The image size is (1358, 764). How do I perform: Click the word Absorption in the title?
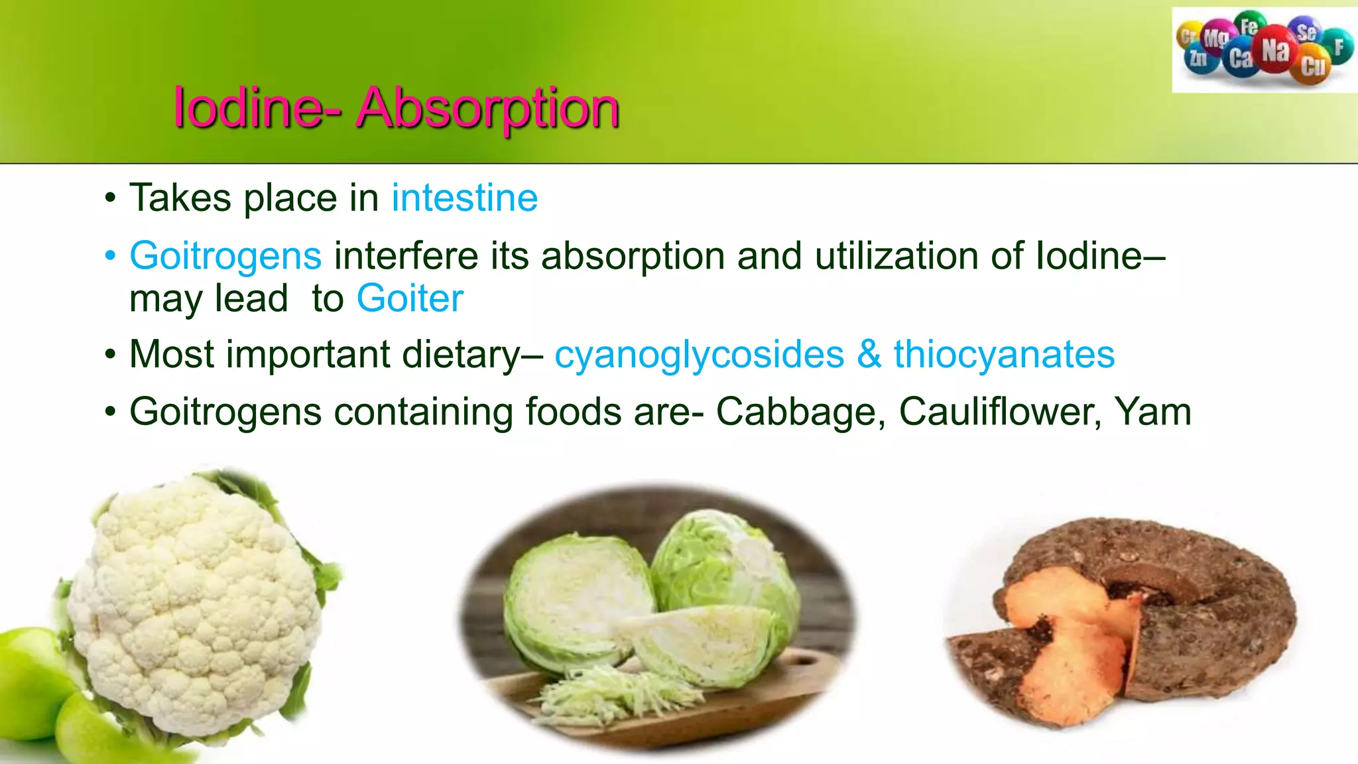(487, 108)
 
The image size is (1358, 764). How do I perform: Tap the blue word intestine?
(464, 198)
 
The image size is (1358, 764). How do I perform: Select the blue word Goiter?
(410, 298)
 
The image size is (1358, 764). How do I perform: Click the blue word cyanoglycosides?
(699, 355)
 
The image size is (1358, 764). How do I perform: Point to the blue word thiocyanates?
(1004, 355)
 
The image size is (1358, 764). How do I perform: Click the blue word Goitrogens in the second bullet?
(225, 256)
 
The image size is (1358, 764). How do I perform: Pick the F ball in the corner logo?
(1339, 46)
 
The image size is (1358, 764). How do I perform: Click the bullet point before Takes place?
(110, 198)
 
